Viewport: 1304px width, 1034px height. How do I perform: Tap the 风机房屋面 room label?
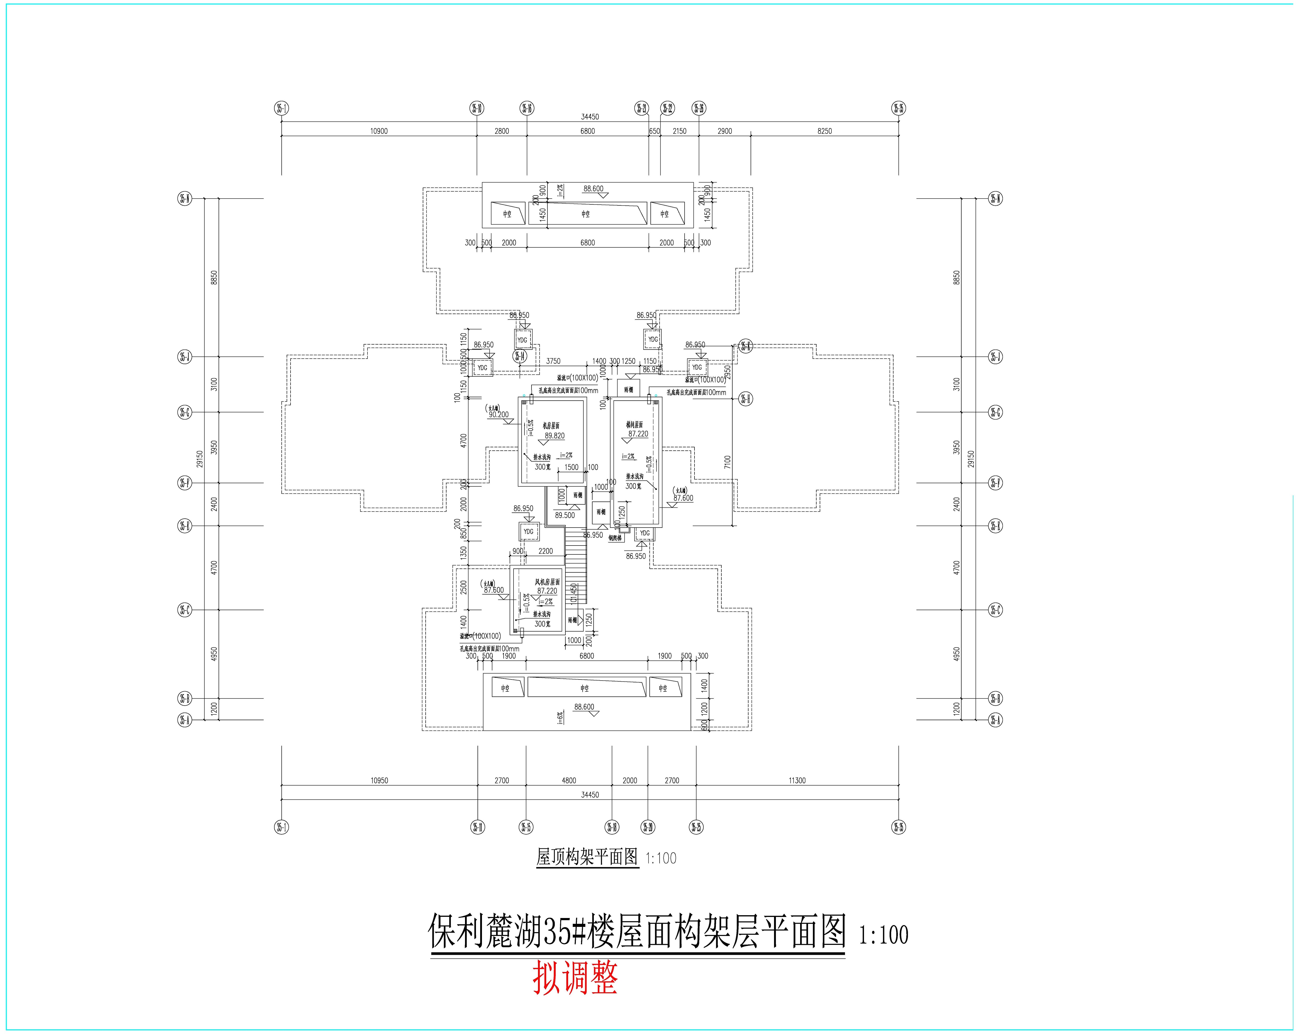547,582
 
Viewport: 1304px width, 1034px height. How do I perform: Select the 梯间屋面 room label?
635,425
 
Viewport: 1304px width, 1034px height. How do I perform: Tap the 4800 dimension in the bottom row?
569,780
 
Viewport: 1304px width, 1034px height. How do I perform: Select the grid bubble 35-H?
746,399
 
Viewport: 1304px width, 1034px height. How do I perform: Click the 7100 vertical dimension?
727,462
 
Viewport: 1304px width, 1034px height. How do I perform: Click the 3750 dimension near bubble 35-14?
553,361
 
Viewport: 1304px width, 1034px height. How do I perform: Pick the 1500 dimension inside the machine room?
571,467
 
